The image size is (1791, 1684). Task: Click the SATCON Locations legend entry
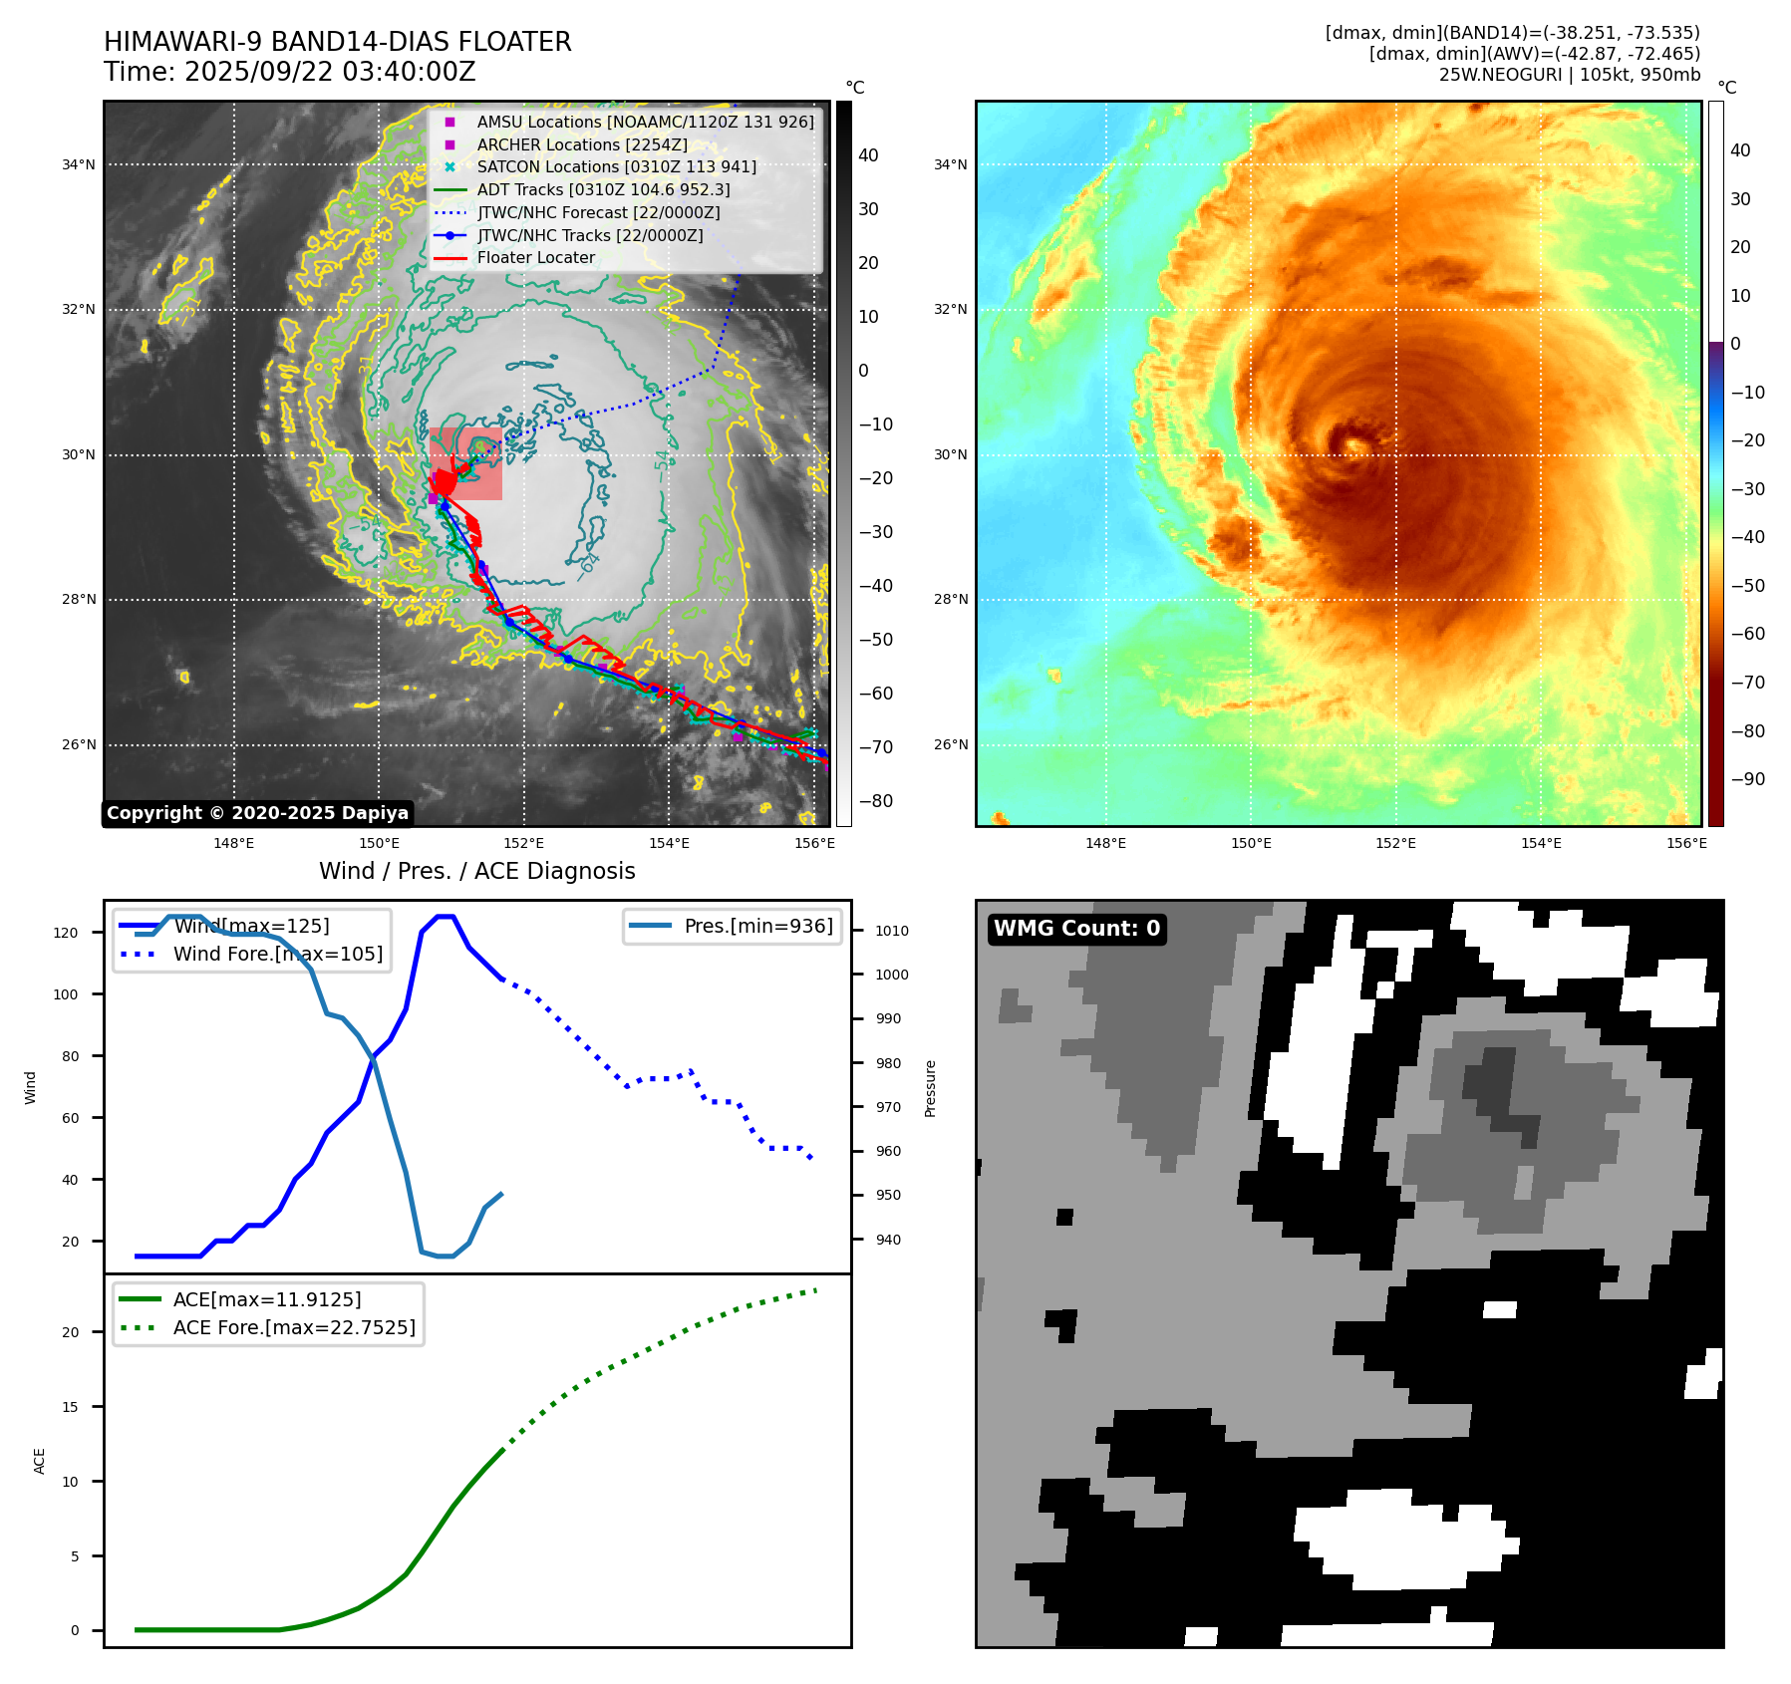click(x=616, y=167)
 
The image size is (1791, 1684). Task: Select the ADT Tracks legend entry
click(x=603, y=190)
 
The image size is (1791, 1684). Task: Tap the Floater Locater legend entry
click(x=535, y=258)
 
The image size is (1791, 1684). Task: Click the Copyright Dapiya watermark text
click(x=257, y=813)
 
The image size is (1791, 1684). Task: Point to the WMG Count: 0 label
click(x=1076, y=929)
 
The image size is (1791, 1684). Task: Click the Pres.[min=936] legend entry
click(x=757, y=927)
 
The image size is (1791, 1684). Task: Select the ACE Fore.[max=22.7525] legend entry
click(x=294, y=1327)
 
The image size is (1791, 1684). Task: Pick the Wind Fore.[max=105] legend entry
click(x=277, y=955)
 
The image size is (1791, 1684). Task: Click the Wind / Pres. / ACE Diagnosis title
click(x=476, y=872)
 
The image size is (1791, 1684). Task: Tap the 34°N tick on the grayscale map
click(x=79, y=165)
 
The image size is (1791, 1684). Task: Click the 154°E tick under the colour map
click(x=1541, y=844)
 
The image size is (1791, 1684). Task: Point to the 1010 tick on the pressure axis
click(x=892, y=932)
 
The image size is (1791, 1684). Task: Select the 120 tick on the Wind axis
click(x=66, y=934)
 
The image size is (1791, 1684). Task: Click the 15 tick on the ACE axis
click(x=71, y=1407)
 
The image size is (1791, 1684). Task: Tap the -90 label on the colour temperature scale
click(x=1747, y=779)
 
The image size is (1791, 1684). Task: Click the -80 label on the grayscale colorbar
click(x=876, y=801)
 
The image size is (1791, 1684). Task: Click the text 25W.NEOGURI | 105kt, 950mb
click(x=1569, y=75)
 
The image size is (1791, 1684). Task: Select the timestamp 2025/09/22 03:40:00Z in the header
click(x=330, y=73)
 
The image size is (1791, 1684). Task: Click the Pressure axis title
click(x=930, y=1088)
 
